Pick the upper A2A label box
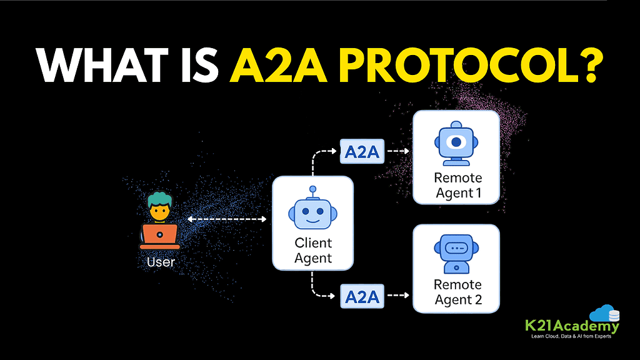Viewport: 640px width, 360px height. [361, 152]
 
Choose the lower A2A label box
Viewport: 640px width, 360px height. [361, 296]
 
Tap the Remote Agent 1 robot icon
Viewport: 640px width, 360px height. [456, 144]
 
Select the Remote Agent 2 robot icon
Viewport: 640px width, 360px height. [456, 252]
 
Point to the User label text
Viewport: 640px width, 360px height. [161, 261]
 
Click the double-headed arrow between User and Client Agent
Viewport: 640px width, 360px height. [227, 219]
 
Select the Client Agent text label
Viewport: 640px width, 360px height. [313, 250]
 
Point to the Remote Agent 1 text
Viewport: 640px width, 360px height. [457, 186]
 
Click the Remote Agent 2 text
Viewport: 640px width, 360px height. [457, 292]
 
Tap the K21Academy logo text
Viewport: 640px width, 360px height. [572, 326]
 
